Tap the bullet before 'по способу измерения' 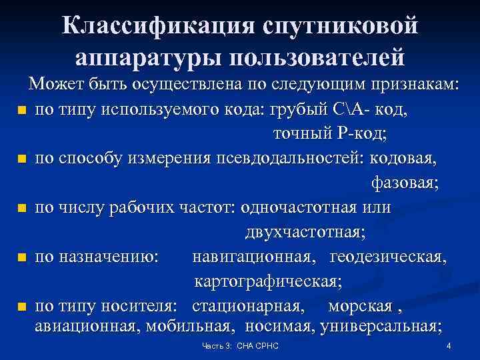(22, 159)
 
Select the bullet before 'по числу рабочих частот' (22, 209)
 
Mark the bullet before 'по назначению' (22, 257)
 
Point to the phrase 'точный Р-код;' (331, 134)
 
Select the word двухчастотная (305, 233)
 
